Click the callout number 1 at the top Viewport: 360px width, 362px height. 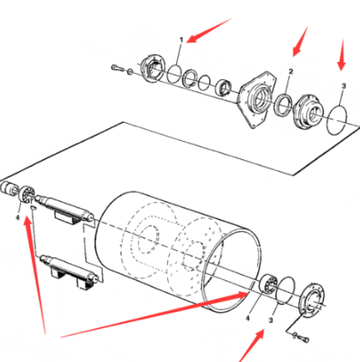[x=182, y=40]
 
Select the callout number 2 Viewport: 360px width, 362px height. [x=290, y=71]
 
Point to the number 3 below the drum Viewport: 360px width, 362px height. [x=270, y=322]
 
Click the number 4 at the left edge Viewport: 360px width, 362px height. [x=17, y=218]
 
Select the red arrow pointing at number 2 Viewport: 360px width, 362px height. [x=299, y=43]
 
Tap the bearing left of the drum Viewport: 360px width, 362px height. [x=27, y=194]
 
